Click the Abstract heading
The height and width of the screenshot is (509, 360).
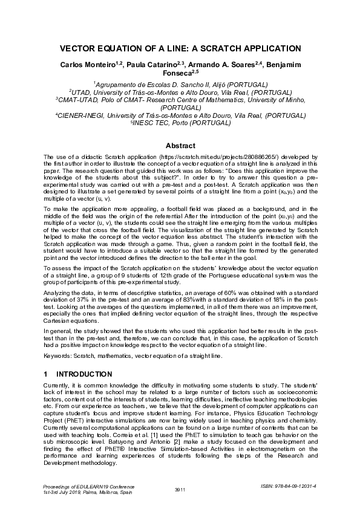point(180,146)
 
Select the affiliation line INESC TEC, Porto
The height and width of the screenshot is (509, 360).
point(180,123)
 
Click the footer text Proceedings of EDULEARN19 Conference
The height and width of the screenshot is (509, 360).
point(83,485)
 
